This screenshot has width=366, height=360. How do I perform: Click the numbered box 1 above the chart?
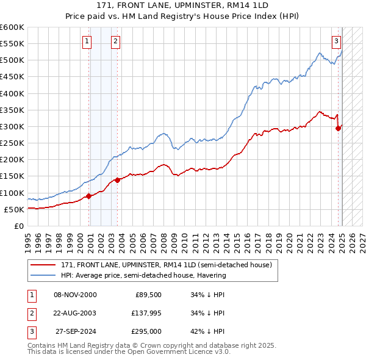tap(87, 41)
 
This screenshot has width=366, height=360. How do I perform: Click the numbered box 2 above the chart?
tap(115, 41)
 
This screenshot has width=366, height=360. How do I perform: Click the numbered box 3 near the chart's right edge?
tap(336, 41)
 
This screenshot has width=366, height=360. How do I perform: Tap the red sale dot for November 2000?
tap(89, 196)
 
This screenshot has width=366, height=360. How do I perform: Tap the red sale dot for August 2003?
tap(118, 180)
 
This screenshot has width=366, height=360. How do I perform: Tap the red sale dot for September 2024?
tap(338, 128)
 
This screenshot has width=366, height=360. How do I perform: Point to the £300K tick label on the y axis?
tap(12, 126)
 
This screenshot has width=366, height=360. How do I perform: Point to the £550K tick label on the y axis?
tap(12, 44)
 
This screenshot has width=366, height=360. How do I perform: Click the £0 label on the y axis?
tap(18, 226)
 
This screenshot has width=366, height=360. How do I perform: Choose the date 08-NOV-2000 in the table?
tap(76, 295)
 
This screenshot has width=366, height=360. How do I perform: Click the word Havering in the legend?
tap(210, 275)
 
